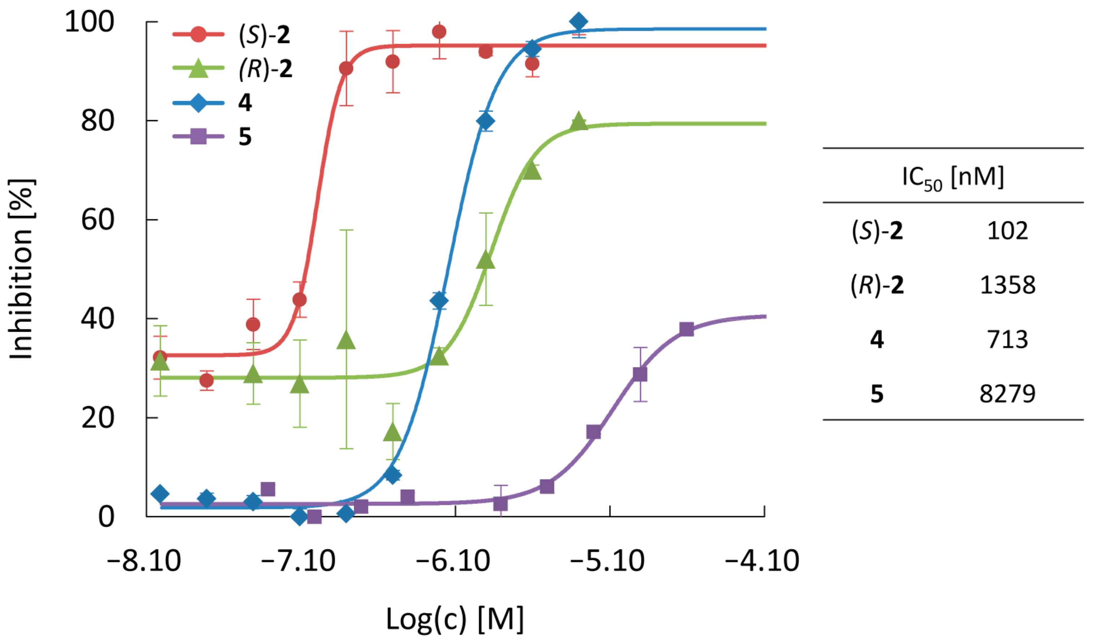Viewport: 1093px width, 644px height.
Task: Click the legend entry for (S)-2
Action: (231, 34)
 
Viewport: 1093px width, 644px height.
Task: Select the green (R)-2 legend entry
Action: (232, 69)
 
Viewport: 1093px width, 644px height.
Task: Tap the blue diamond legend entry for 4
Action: (213, 103)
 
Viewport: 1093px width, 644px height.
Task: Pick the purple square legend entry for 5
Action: (213, 137)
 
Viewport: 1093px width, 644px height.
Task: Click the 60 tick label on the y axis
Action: (97, 219)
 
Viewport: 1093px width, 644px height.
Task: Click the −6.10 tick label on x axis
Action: (453, 561)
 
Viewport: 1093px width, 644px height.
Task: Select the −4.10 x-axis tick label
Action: (762, 561)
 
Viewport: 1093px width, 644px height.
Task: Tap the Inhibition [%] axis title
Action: (21, 269)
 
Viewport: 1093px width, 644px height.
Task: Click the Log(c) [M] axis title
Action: (455, 619)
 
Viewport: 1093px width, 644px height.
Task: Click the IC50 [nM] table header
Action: (953, 178)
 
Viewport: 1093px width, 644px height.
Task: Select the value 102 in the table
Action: (1007, 231)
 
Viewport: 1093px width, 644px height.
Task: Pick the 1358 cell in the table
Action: (1007, 286)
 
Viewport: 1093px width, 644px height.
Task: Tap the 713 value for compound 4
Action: (1007, 340)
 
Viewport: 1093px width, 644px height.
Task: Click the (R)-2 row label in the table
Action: (877, 286)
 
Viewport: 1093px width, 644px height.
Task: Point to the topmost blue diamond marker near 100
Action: (578, 21)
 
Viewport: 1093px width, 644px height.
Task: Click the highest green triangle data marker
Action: (578, 121)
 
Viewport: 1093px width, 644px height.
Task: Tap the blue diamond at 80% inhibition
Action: (485, 121)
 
